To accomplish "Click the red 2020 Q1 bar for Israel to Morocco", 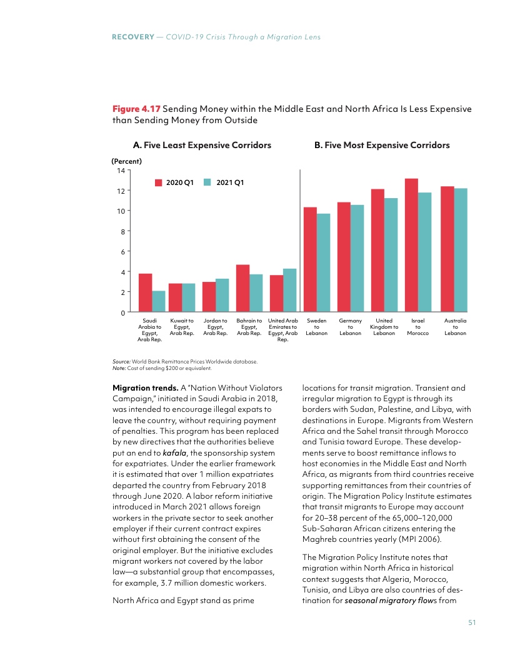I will coord(411,245).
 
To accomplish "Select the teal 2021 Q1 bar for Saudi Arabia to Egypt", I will coord(159,301).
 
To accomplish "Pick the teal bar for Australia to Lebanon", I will coord(461,250).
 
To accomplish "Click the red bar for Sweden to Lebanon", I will coord(310,259).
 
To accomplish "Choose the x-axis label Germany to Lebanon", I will coord(350,327).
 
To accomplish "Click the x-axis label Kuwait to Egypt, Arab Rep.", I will coord(182,327).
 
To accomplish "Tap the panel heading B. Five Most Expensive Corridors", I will coord(381,145).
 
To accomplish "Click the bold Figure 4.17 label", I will coord(136,109).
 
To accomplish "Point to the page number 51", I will coord(472,622).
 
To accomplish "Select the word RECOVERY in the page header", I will coord(132,37).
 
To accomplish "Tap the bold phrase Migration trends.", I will coord(142,387).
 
